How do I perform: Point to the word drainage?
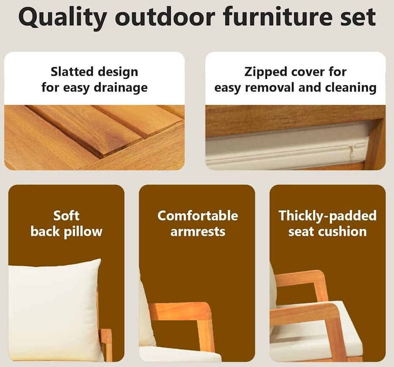[x=120, y=88]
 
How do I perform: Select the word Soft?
[x=66, y=216]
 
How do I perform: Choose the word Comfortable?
[x=198, y=216]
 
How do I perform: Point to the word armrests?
[x=198, y=232]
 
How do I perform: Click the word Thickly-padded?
[x=328, y=216]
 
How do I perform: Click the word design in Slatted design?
[x=118, y=72]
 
